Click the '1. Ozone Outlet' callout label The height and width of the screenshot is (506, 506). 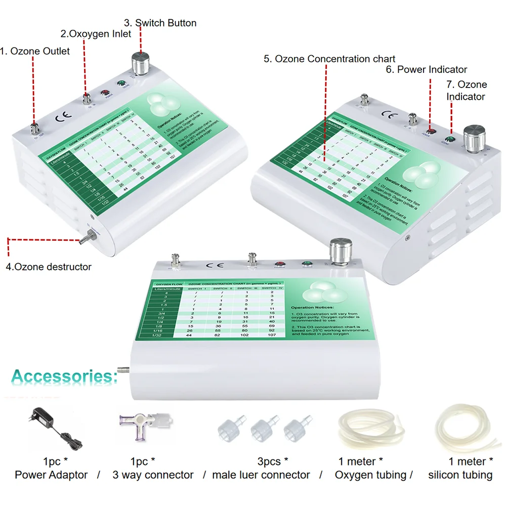click(35, 51)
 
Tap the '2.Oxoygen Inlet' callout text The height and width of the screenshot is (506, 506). click(96, 34)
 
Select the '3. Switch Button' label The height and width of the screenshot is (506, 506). click(160, 23)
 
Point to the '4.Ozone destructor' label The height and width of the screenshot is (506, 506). click(49, 267)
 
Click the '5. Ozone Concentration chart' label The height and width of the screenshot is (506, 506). click(329, 59)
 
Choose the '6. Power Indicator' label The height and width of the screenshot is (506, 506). click(427, 69)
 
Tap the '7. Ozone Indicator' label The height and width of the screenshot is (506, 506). click(466, 90)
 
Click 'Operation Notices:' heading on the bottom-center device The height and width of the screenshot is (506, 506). click(313, 307)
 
